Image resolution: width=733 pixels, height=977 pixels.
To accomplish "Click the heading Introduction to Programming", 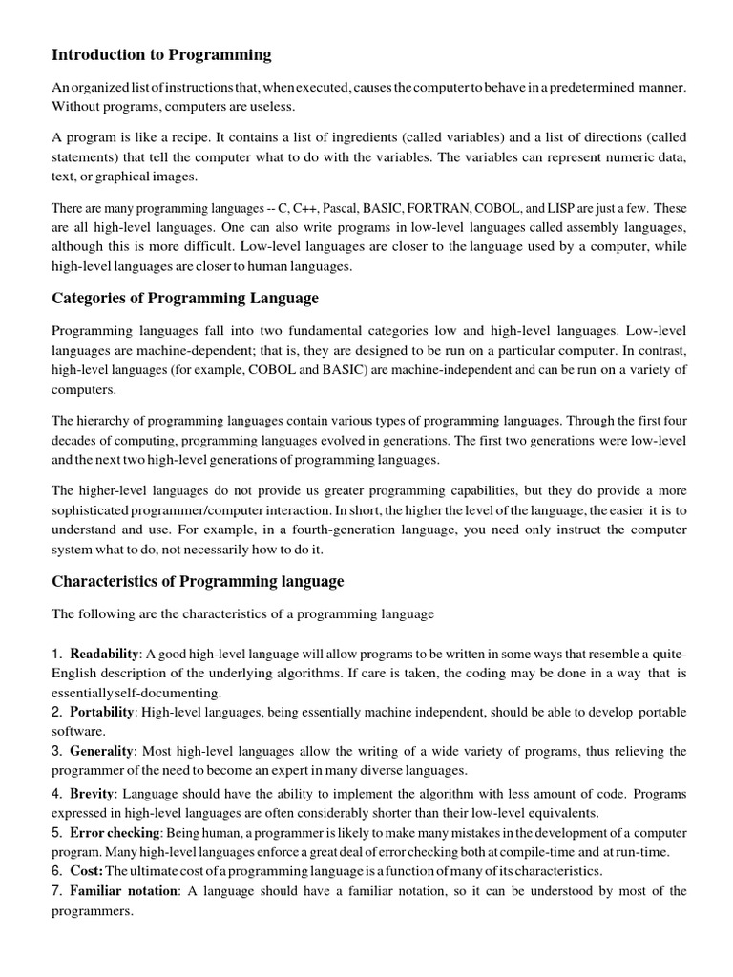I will click(x=161, y=54).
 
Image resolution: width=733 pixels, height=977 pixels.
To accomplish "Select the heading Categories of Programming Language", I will click(x=185, y=299).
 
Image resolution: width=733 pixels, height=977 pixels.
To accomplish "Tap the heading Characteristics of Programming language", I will click(x=198, y=581).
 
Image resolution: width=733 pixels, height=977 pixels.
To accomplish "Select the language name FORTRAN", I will click(x=443, y=208).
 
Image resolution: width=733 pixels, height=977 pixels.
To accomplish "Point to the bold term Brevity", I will click(x=93, y=794).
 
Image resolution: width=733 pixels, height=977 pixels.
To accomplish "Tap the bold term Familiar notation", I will click(x=124, y=891).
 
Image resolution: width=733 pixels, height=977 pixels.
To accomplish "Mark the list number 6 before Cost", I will click(x=55, y=871).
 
